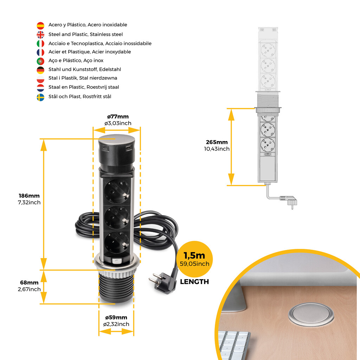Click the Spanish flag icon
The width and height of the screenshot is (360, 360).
(40, 25)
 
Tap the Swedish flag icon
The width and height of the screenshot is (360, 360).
(40, 97)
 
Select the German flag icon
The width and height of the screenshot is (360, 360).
(40, 70)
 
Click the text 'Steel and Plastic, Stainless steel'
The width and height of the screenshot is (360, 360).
(85, 34)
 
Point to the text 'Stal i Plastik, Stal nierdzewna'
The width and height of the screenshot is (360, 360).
(83, 78)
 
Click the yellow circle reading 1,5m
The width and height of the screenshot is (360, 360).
(194, 259)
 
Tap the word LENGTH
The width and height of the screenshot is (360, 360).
(194, 282)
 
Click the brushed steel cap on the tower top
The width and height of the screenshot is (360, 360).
(116, 140)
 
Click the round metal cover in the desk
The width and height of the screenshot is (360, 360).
(306, 314)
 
